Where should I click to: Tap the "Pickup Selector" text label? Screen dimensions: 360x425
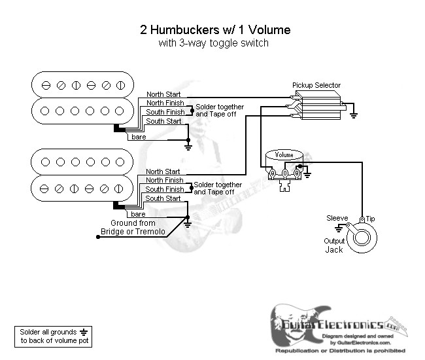[316, 85]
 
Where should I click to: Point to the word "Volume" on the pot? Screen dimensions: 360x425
[284, 155]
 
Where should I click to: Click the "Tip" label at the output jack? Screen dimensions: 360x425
[370, 218]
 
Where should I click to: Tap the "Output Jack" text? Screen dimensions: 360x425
[333, 245]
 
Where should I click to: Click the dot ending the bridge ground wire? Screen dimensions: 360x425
[99, 237]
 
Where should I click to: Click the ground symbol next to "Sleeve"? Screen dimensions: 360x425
[339, 229]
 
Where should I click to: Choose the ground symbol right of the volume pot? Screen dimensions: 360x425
[307, 175]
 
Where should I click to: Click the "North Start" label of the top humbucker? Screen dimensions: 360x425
[163, 94]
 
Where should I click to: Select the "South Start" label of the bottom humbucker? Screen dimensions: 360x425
[163, 198]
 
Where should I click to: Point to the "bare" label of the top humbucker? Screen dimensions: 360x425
[139, 137]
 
